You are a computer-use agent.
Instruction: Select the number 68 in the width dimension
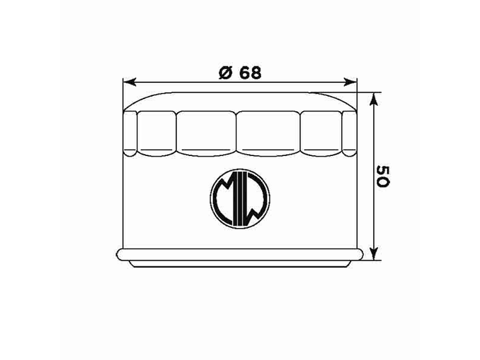[x=250, y=73]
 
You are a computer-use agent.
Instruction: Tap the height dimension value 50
[x=381, y=176]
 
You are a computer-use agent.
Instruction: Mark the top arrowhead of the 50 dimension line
[x=375, y=98]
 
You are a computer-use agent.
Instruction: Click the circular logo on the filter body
[x=240, y=196]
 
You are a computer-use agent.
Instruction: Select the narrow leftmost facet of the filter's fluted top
[x=130, y=133]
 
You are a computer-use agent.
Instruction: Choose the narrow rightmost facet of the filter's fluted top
[x=349, y=133]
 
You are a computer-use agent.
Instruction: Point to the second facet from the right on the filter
[x=321, y=133]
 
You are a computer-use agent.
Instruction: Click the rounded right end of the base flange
[x=360, y=255]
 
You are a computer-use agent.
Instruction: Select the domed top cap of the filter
[x=240, y=101]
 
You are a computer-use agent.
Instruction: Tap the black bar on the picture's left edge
[x=30, y=180]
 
